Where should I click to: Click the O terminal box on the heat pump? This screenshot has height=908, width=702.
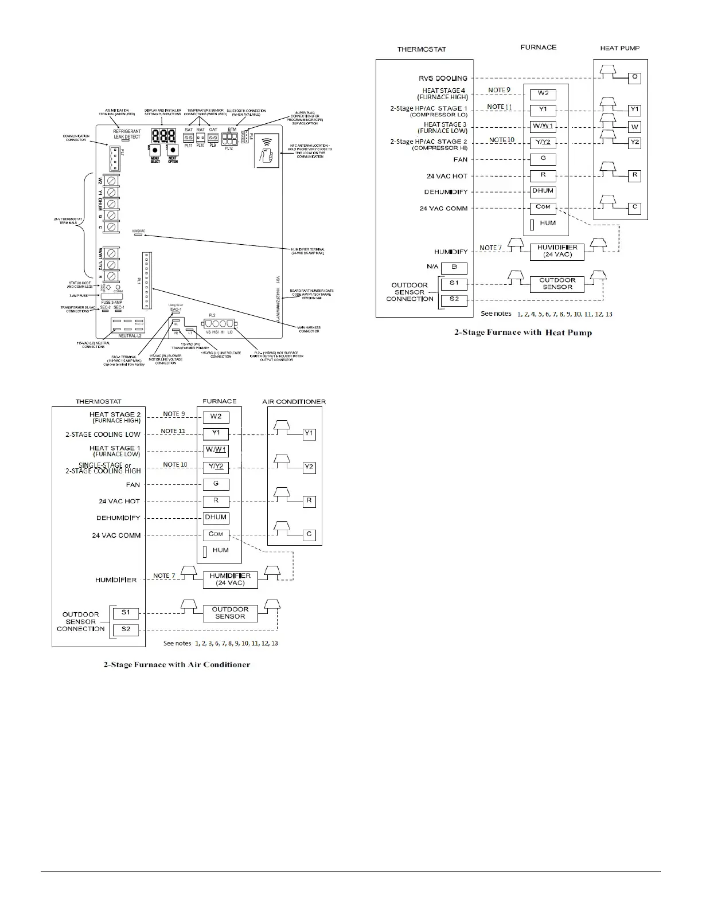(x=634, y=77)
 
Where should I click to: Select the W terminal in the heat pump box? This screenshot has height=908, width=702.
(x=634, y=127)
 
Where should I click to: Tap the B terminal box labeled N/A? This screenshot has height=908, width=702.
(x=454, y=268)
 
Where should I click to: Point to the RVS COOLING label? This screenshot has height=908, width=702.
(x=443, y=79)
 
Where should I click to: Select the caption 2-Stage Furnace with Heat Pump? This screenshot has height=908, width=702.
(x=523, y=332)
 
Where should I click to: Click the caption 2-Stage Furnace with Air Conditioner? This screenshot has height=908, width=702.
(x=177, y=665)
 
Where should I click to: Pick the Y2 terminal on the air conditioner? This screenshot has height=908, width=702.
(x=309, y=467)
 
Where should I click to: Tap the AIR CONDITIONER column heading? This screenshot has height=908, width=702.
(x=294, y=401)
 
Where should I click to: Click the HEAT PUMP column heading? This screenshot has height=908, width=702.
(x=620, y=48)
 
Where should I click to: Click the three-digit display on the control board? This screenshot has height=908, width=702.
(x=163, y=136)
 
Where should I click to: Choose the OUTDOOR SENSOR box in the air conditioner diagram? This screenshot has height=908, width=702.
(x=230, y=613)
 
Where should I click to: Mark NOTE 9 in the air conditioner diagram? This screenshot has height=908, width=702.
(x=174, y=414)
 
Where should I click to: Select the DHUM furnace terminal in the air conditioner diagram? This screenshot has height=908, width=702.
(x=216, y=518)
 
